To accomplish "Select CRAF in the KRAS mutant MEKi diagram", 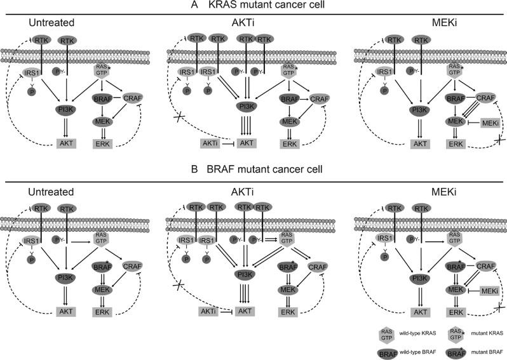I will click(x=486, y=97).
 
